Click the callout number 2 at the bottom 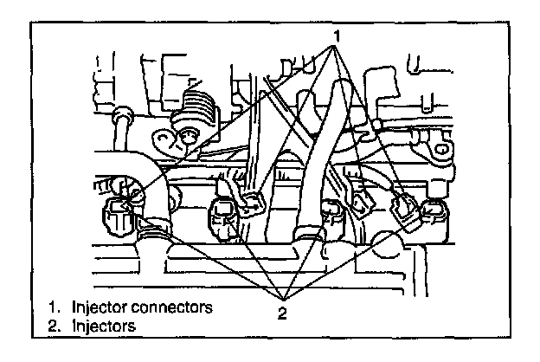281,312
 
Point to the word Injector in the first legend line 95,307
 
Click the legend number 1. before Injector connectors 54,307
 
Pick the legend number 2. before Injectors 54,325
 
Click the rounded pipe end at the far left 122,113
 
